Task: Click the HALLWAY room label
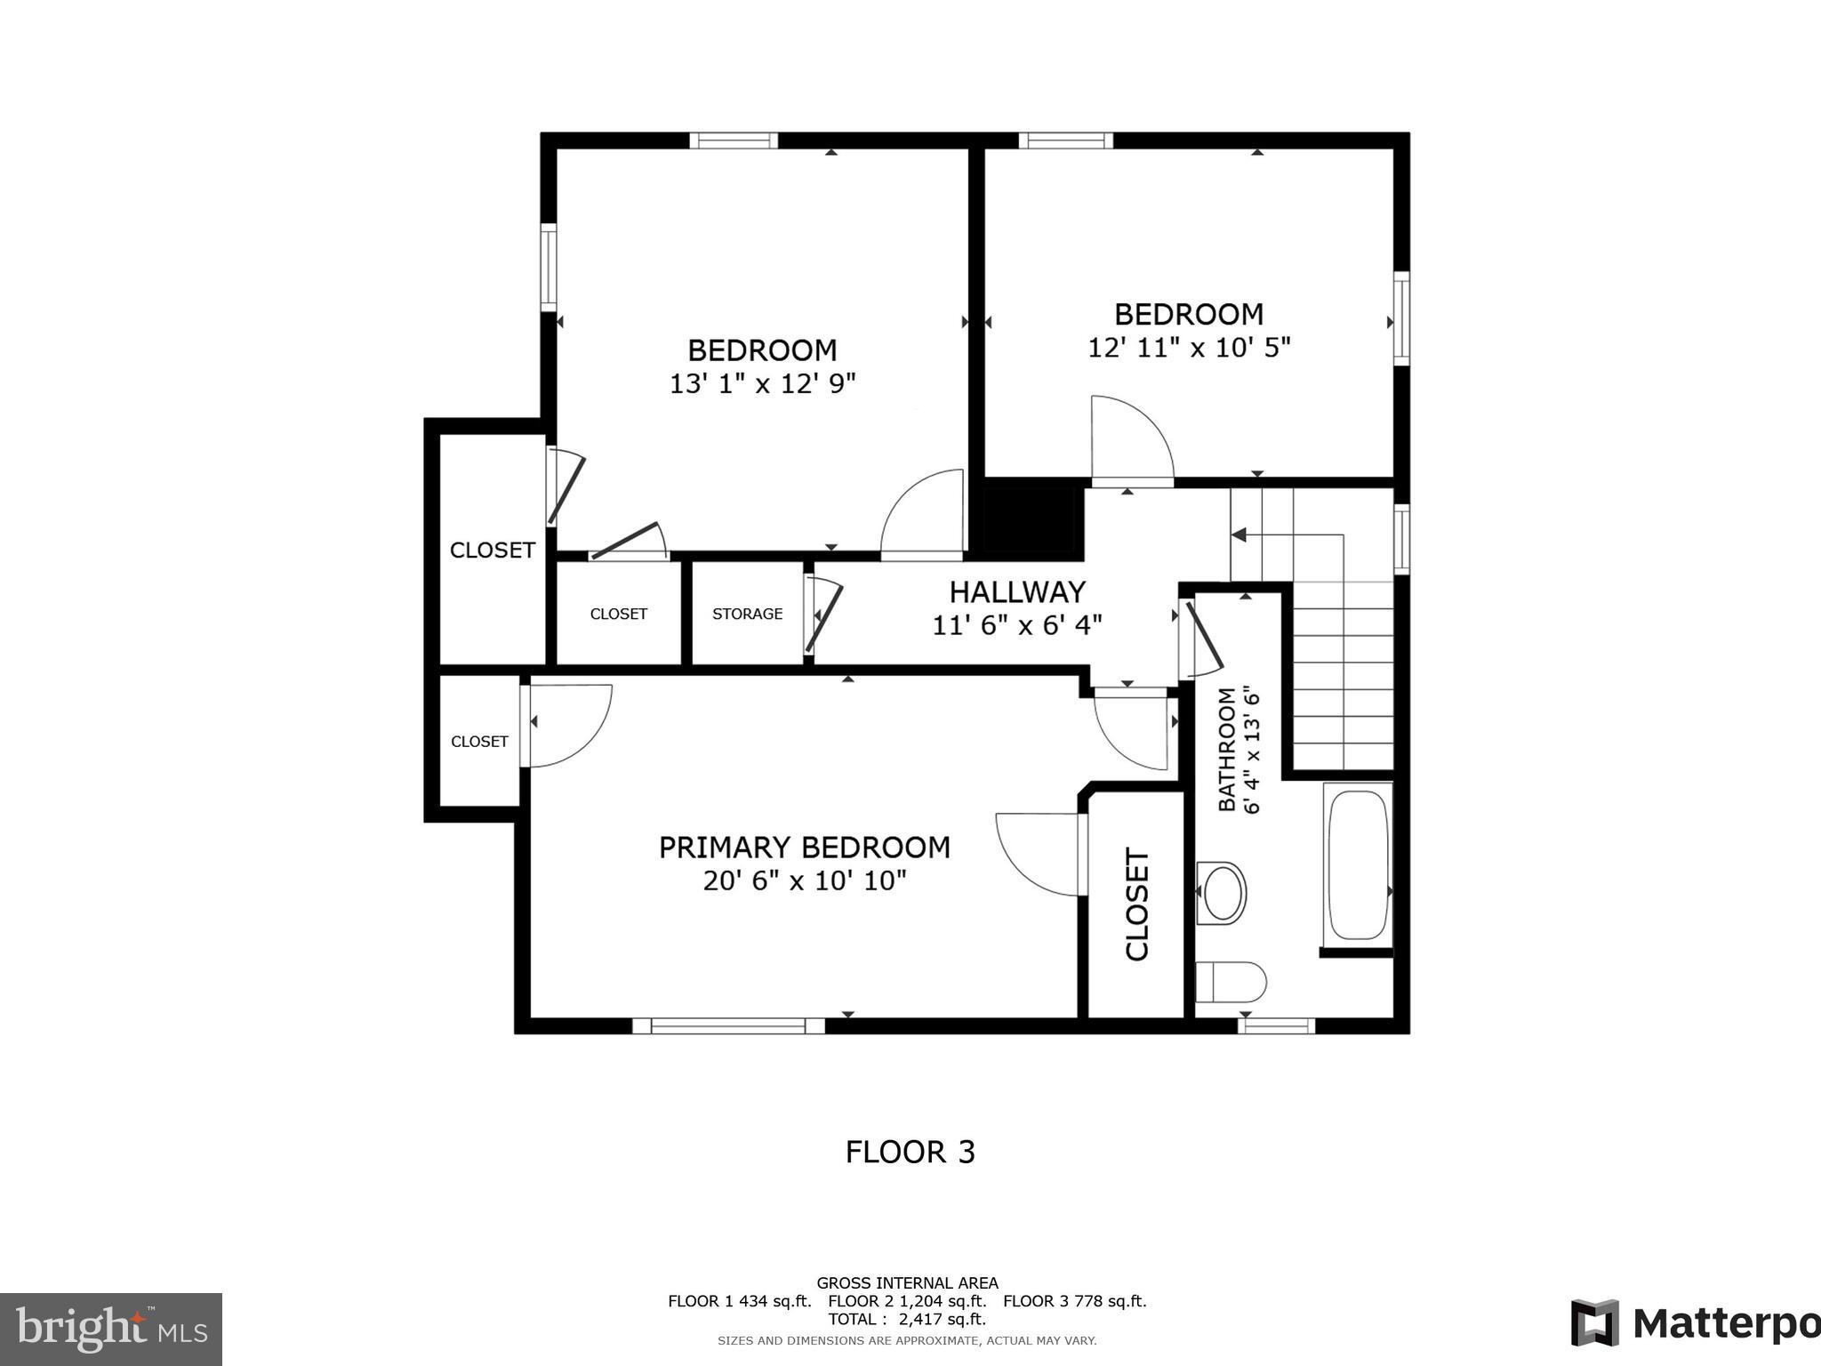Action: coord(1017,592)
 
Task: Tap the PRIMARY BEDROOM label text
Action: coord(804,848)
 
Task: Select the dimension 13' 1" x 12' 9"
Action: coord(762,384)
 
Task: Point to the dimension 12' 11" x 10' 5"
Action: coord(1189,348)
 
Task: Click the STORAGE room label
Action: coord(747,614)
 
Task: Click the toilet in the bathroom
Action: coord(1231,982)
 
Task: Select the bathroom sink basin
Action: coord(1223,892)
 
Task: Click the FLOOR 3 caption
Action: coord(910,1153)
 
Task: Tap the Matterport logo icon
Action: coord(1594,1323)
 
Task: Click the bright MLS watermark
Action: coord(110,1329)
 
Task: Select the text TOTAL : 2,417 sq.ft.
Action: coord(907,1319)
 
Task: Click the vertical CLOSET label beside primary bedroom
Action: coord(1138,904)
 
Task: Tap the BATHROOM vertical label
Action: coord(1227,749)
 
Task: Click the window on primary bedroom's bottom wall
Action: coord(728,1026)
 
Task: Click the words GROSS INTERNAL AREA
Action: coord(907,1282)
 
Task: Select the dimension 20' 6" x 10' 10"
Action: coord(804,881)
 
